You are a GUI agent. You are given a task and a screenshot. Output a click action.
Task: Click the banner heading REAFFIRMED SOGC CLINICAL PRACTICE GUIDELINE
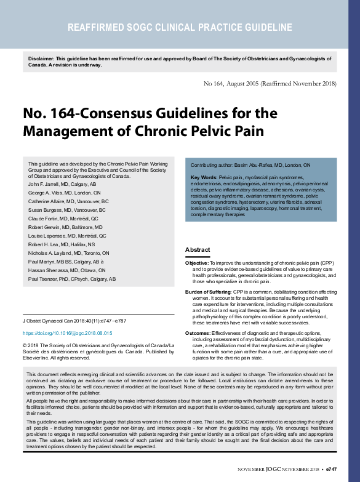[x=180, y=28]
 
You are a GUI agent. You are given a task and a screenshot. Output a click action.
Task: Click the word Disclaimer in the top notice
[x=41, y=58]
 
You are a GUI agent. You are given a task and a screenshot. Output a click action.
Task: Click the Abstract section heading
[x=198, y=249]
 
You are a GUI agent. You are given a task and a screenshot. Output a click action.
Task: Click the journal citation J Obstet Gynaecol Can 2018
[x=73, y=321]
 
